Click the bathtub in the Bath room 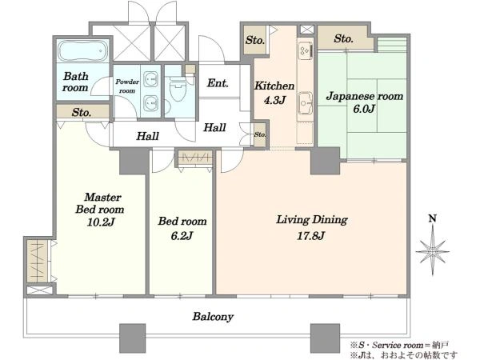[82, 51]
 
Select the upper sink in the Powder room [150, 79]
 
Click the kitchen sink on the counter [306, 102]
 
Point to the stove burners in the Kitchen [306, 50]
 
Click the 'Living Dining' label [312, 220]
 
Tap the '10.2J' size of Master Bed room [101, 222]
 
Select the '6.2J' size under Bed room [182, 235]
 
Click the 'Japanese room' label [365, 96]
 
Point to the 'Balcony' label [213, 316]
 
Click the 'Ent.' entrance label [218, 82]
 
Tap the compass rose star [432, 251]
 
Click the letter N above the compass [432, 218]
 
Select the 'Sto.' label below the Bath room [82, 112]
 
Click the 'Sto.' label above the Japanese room [343, 38]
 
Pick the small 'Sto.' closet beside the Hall [260, 134]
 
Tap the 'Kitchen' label [274, 86]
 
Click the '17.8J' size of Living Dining [310, 235]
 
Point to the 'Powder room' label [127, 86]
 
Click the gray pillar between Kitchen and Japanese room [325, 161]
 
